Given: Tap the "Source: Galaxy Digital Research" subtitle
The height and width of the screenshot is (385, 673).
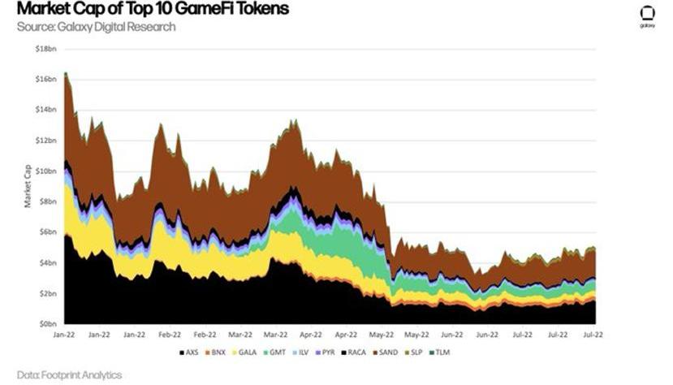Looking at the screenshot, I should point(96,27).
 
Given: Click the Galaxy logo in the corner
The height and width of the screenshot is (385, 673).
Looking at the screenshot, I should point(647,15).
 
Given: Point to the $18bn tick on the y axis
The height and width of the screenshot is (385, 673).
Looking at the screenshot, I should point(46,49).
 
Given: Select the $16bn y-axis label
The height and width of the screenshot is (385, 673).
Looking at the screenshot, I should point(46,79).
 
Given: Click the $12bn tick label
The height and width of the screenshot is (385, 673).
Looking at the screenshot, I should point(46,141).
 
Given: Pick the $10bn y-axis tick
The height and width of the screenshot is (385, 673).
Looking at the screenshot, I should point(46,171).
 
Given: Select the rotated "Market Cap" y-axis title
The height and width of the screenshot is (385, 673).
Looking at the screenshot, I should point(28,186).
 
